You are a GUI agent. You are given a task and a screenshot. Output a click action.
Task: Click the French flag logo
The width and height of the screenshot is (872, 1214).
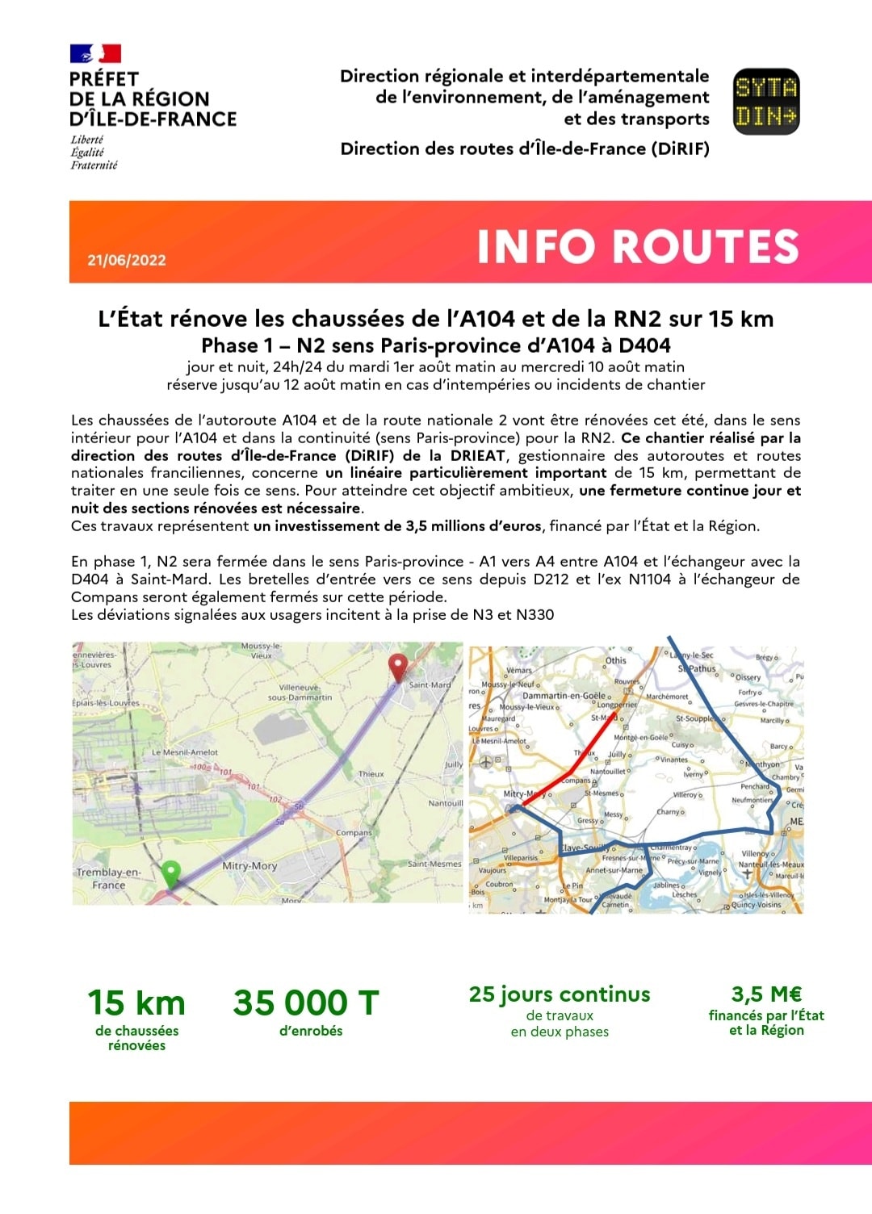(x=95, y=53)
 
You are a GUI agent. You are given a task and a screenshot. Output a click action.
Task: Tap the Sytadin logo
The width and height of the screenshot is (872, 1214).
(x=765, y=101)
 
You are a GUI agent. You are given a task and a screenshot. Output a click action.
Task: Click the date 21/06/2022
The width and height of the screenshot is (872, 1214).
(x=127, y=260)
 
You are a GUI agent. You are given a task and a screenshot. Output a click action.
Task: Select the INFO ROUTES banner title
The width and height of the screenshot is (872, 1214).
(x=638, y=246)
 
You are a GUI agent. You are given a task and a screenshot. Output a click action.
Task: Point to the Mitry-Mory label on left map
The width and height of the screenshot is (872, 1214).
(x=249, y=865)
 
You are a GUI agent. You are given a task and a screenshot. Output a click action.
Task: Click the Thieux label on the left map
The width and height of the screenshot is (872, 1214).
(x=371, y=774)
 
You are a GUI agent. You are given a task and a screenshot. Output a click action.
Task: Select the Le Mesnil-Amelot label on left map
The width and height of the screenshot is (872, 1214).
(x=185, y=752)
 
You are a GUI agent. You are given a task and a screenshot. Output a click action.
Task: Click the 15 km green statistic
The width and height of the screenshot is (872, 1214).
(x=136, y=1003)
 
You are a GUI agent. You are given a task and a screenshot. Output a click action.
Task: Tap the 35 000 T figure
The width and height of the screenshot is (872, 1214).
(x=306, y=1003)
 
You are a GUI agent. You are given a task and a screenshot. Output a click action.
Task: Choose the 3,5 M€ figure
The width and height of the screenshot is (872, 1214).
(x=766, y=994)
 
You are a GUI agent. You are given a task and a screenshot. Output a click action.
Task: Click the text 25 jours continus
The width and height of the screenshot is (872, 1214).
(x=560, y=994)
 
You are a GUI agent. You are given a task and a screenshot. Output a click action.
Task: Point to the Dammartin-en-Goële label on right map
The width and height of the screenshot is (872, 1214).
(x=564, y=696)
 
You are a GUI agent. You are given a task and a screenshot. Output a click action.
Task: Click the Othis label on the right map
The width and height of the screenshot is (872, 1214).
(x=616, y=660)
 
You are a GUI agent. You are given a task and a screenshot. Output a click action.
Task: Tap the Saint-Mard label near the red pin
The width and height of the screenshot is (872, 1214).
(x=430, y=685)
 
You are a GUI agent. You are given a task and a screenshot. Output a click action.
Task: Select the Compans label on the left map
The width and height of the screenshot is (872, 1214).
(x=354, y=832)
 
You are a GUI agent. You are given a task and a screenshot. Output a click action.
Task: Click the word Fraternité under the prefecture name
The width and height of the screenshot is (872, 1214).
(x=94, y=165)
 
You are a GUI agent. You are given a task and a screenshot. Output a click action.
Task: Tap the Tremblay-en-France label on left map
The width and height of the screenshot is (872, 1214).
(x=108, y=878)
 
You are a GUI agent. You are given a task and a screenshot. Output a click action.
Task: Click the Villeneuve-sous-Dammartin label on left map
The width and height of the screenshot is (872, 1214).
(x=300, y=693)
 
